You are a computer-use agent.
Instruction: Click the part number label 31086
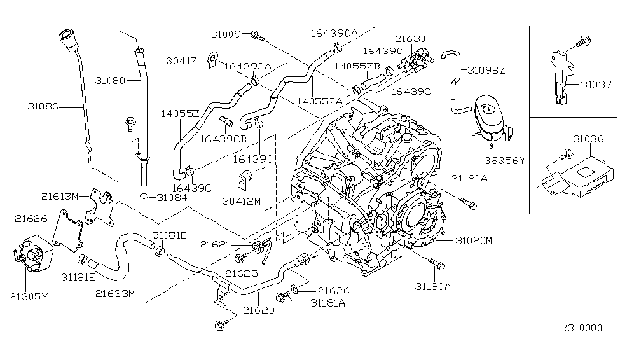pos(43,107)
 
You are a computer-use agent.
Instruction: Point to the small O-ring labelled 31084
pos(144,197)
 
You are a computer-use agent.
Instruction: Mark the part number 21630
pos(410,39)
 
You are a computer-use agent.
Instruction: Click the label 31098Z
pos(487,70)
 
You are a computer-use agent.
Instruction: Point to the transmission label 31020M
pos(473,240)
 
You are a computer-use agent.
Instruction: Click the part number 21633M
pos(116,293)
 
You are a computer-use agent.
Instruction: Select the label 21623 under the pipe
pos(258,310)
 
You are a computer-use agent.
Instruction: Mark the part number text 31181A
pos(327,303)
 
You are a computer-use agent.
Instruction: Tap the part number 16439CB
pos(224,138)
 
